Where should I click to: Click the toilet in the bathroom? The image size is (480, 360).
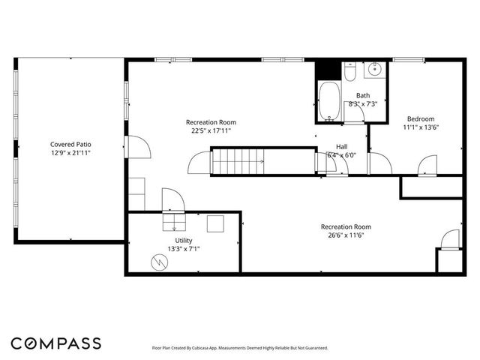coord(349,71)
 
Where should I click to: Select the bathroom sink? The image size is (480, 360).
coord(375,71)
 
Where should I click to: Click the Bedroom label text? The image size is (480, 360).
coord(420,118)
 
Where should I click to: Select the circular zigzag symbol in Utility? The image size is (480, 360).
coord(160,261)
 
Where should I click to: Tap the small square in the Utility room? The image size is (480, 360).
coord(216,223)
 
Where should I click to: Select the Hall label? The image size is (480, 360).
coord(341,146)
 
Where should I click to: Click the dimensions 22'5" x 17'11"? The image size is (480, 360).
coord(211,130)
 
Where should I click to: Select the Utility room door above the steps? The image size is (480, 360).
coord(172,199)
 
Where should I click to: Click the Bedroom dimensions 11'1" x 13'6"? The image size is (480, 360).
coord(420,127)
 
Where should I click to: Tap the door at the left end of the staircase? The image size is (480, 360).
coord(200,163)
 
